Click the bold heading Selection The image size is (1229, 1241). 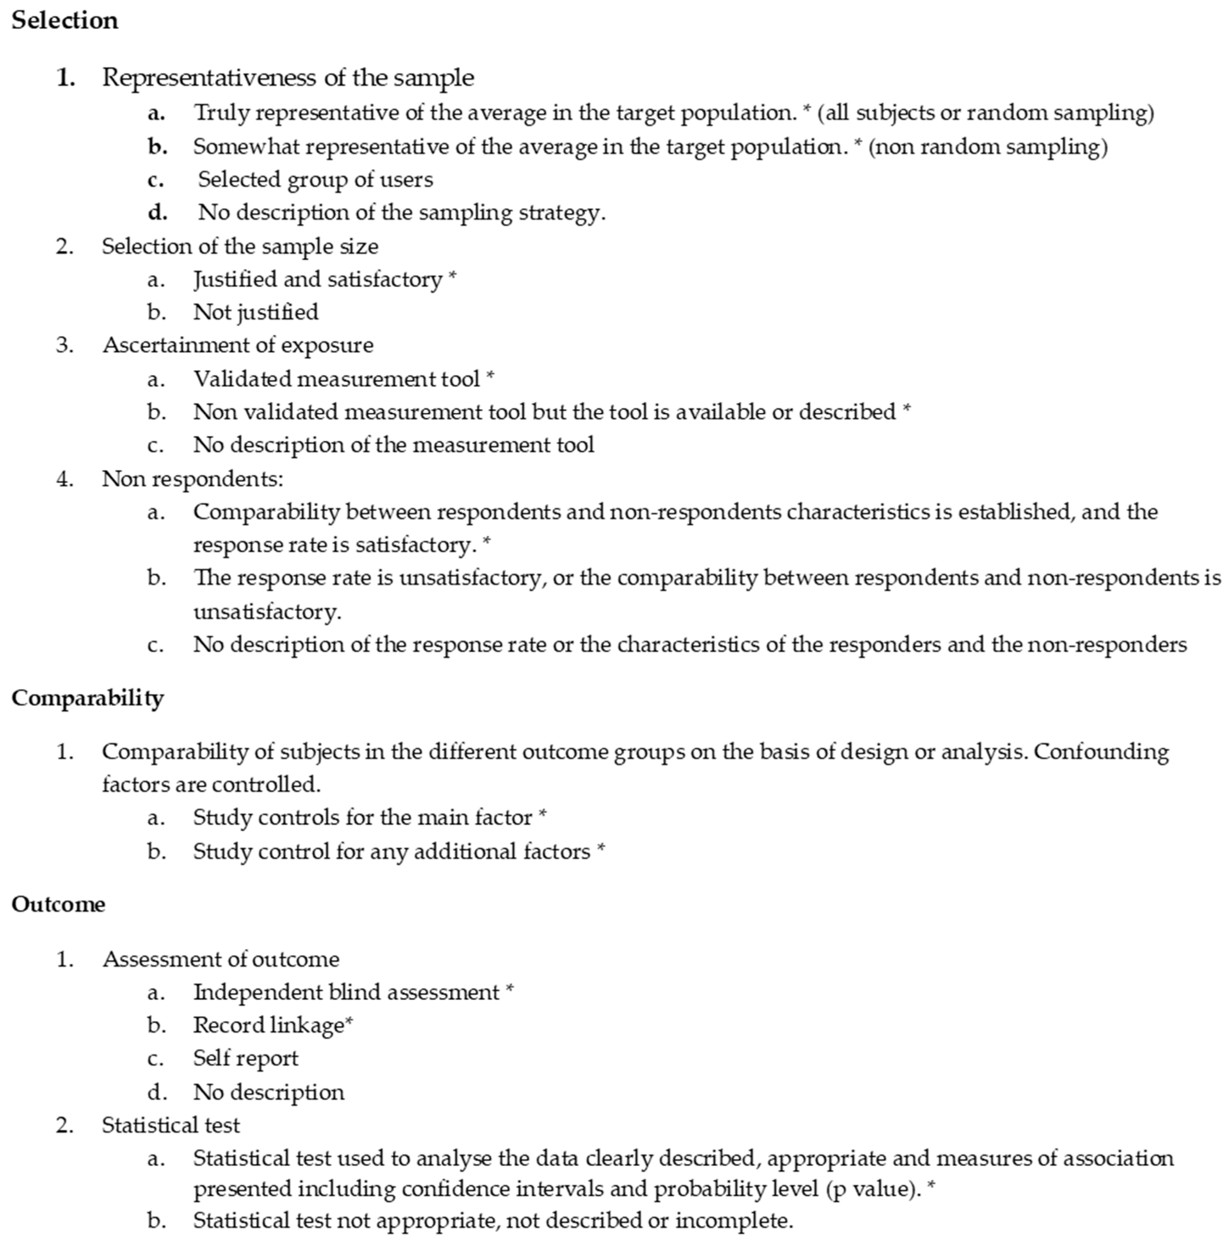(65, 21)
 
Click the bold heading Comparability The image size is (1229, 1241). (87, 698)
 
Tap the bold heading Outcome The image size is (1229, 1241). (59, 905)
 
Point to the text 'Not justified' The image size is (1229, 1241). (256, 312)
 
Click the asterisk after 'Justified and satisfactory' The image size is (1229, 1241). (452, 276)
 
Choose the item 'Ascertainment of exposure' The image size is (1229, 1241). (238, 346)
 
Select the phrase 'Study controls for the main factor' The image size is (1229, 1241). (363, 818)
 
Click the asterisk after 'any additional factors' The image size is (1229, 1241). (601, 848)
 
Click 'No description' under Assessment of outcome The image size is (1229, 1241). (268, 1092)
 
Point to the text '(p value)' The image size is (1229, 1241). (871, 1189)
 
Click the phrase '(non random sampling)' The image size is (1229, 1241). (987, 147)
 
